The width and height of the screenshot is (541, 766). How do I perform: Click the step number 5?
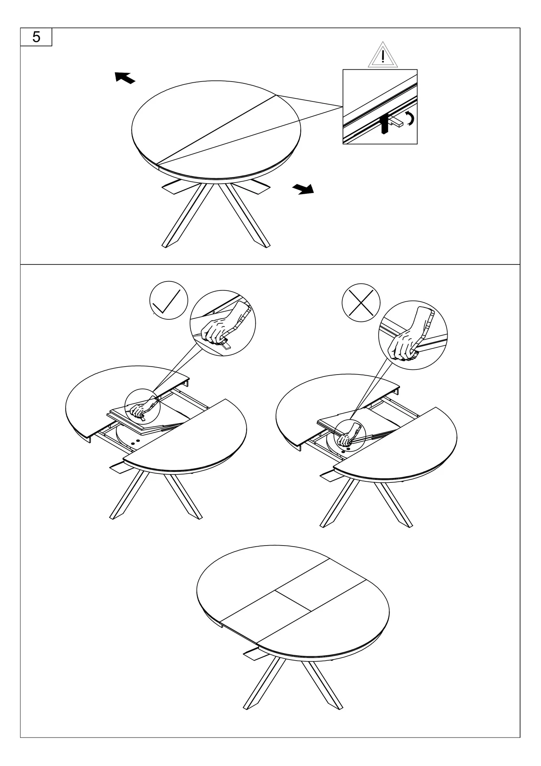click(36, 37)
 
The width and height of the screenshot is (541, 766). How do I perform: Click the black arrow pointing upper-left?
click(125, 77)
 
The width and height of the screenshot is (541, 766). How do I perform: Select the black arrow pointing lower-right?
click(303, 189)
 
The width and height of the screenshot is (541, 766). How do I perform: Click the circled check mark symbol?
click(169, 300)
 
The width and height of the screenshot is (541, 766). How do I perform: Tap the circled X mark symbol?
click(361, 303)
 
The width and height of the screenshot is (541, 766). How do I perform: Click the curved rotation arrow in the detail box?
click(410, 119)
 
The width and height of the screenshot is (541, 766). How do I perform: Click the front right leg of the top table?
click(245, 215)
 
